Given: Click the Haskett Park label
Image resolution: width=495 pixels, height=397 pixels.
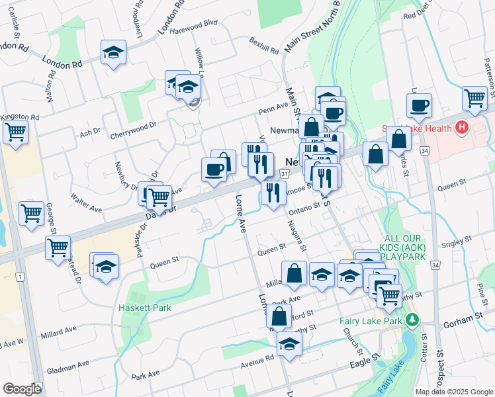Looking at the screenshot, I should pyautogui.click(x=145, y=308).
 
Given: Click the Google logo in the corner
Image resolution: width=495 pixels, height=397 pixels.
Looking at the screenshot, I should pyautogui.click(x=22, y=389).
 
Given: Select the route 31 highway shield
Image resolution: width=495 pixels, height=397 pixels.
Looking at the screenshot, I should pyautogui.click(x=284, y=173).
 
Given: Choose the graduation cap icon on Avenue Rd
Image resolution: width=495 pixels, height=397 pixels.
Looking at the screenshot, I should pyautogui.click(x=289, y=343).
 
